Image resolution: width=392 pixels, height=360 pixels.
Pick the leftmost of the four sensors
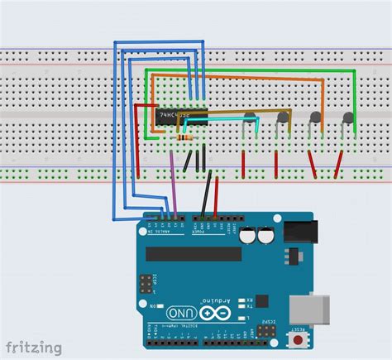pyautogui.click(x=250, y=118)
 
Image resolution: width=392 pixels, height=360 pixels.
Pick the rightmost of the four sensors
pyautogui.click(x=348, y=118)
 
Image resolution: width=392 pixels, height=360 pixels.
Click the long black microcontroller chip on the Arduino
pyautogui.click(x=194, y=252)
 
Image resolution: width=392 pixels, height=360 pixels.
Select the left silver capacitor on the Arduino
pyautogui.click(x=249, y=236)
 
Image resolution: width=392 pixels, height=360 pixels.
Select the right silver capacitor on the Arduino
pyautogui.click(x=266, y=236)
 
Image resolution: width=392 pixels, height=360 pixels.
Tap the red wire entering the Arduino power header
pyautogui.click(x=217, y=199)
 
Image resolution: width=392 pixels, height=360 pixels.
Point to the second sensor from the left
pyautogui.click(x=283, y=118)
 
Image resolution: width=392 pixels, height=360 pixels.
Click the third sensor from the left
pyautogui.click(x=315, y=118)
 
